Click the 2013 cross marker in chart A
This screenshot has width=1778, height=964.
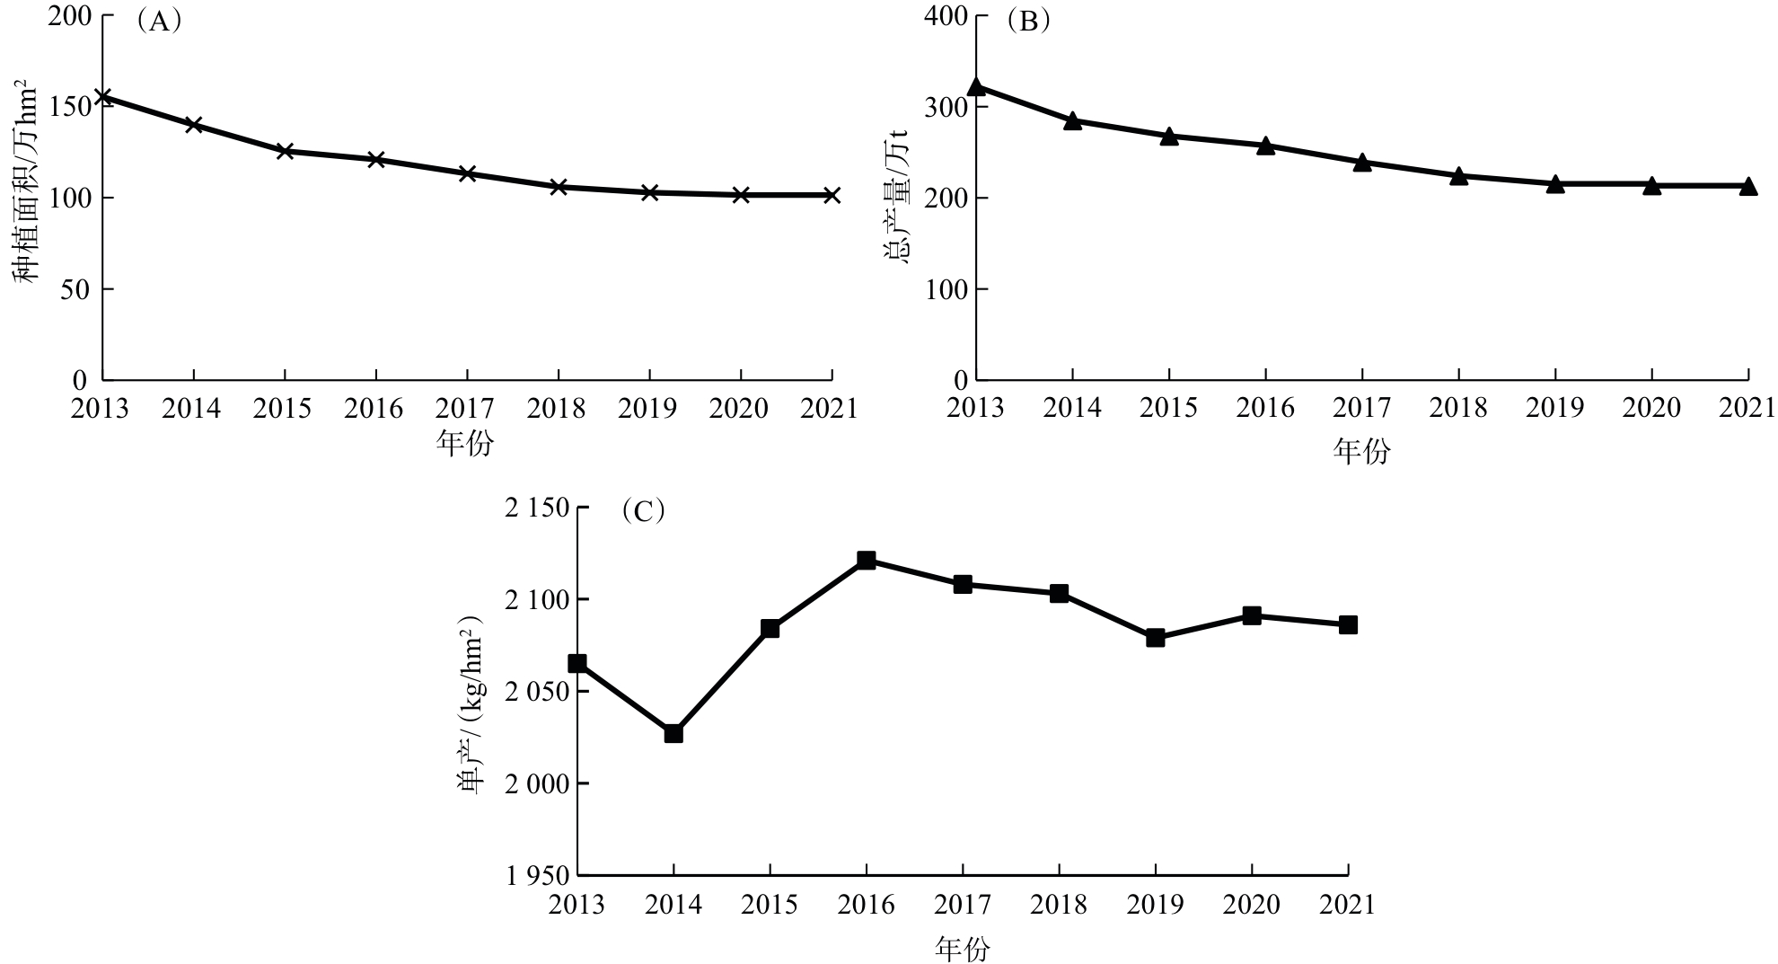click(102, 96)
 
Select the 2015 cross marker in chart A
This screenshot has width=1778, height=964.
click(285, 151)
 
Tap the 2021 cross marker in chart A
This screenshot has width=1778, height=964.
click(832, 195)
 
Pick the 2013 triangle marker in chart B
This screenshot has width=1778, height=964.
click(976, 87)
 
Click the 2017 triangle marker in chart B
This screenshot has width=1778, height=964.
click(1362, 162)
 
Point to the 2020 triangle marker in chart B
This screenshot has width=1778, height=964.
click(1651, 185)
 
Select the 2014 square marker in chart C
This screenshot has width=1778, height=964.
click(673, 733)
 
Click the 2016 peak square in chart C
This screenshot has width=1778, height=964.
click(867, 561)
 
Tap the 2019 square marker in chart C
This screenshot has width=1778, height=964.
click(1156, 638)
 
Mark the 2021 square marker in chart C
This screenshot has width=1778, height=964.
click(1348, 625)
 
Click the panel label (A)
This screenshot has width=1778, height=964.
click(159, 22)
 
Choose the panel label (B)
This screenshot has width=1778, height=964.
click(1028, 22)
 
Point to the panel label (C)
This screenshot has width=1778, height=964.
click(643, 511)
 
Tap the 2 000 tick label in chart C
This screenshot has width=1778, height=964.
click(537, 783)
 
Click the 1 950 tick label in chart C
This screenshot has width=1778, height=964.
click(537, 875)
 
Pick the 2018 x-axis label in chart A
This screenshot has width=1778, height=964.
click(558, 409)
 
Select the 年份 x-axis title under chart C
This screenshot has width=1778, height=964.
click(963, 949)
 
